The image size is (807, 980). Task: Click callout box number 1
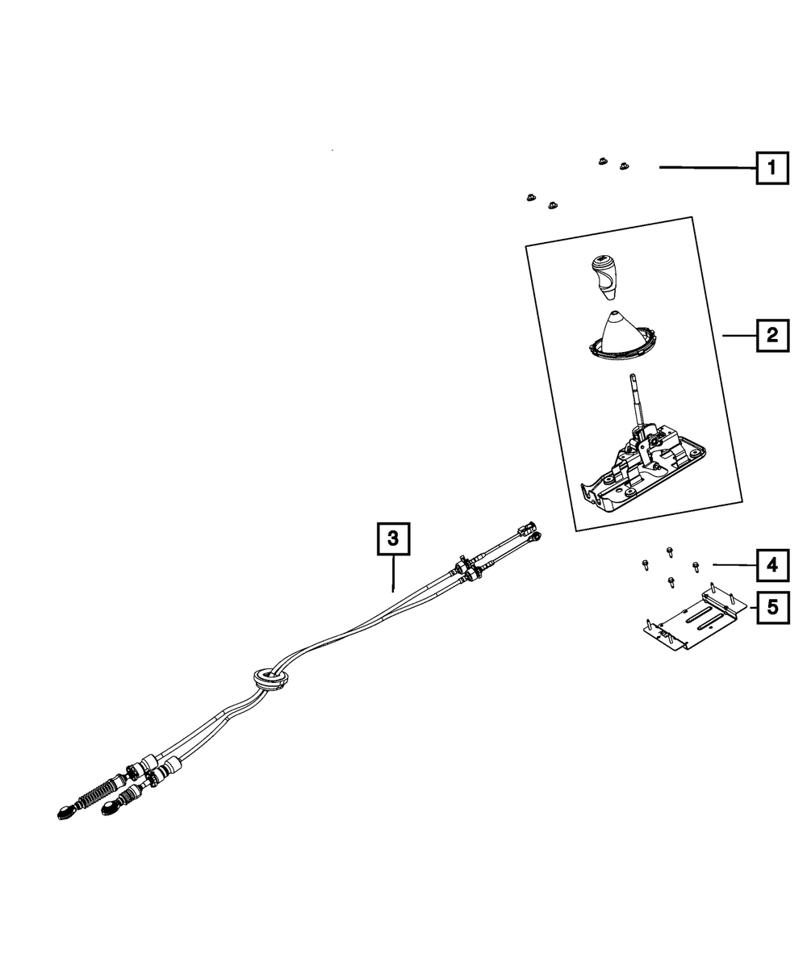coord(772,169)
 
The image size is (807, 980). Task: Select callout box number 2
coord(772,334)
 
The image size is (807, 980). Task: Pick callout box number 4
coord(772,566)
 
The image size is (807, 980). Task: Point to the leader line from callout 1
coord(706,168)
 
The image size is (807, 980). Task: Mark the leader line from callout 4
coord(733,565)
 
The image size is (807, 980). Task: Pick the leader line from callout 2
coord(738,334)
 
